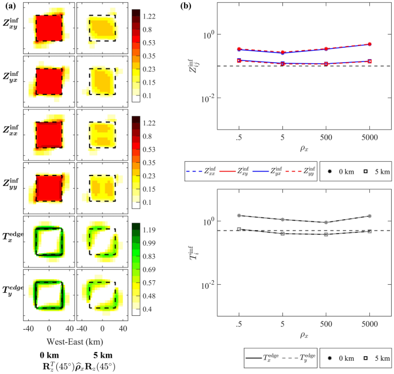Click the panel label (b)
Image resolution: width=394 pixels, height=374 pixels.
point(186,7)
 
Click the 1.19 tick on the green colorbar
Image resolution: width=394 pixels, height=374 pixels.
point(152,230)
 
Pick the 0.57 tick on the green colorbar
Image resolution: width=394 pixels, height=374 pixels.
point(152,283)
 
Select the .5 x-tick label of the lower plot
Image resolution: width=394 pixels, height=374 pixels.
point(238,326)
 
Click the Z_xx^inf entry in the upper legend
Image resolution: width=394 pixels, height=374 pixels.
point(202,171)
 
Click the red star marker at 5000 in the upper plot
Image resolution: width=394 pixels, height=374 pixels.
point(369,44)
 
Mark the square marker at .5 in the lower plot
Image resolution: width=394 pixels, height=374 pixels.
point(238,229)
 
